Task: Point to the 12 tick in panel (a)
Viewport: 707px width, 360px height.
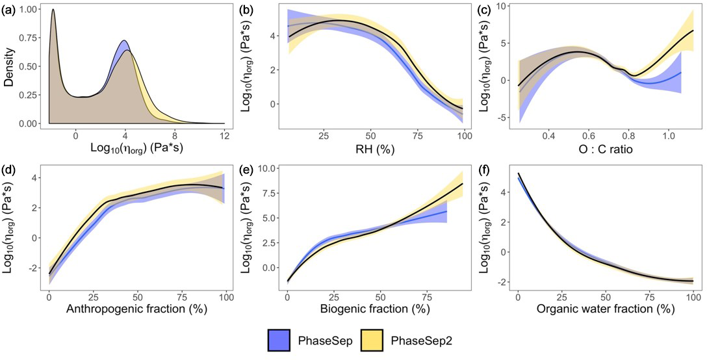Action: (x=224, y=137)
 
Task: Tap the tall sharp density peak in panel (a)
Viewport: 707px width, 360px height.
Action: (x=53, y=10)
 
